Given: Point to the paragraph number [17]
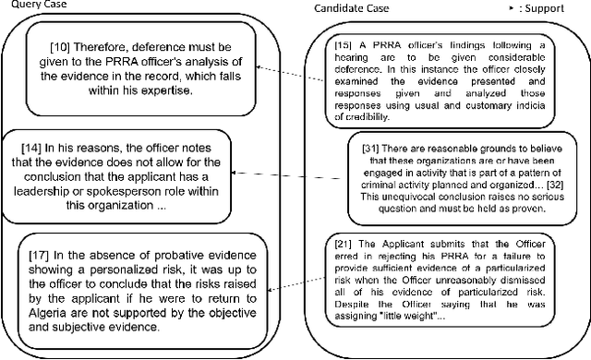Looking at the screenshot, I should point(40,252).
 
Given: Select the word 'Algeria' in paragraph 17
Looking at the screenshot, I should point(51,312).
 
